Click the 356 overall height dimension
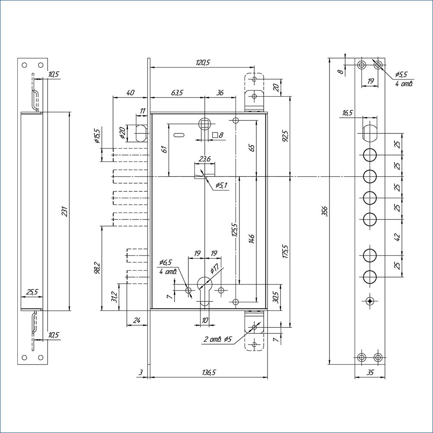pyautogui.click(x=326, y=211)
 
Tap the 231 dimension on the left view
pyautogui.click(x=65, y=211)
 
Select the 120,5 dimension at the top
pyautogui.click(x=202, y=62)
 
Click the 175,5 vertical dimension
pyautogui.click(x=285, y=252)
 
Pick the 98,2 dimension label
pyautogui.click(x=97, y=268)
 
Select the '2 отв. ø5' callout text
pyautogui.click(x=219, y=339)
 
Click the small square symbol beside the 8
pyautogui.click(x=215, y=135)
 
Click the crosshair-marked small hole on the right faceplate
pyautogui.click(x=369, y=301)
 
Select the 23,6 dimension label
pyautogui.click(x=204, y=159)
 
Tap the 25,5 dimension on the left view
pyautogui.click(x=32, y=292)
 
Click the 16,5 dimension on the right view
pyautogui.click(x=347, y=113)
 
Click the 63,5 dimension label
pyautogui.click(x=177, y=93)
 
